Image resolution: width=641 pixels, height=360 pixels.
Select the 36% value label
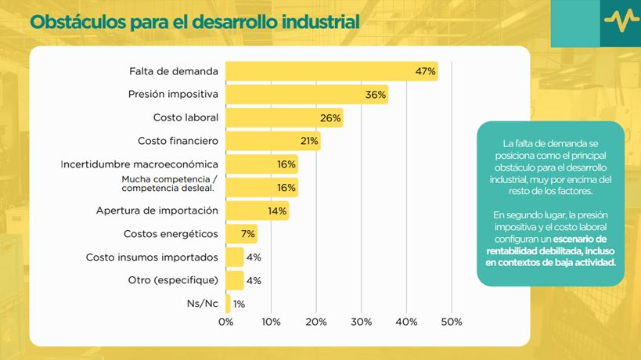[x=376, y=95]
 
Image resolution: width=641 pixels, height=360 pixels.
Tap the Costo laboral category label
[x=185, y=118]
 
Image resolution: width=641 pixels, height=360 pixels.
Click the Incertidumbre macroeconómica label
[x=139, y=164]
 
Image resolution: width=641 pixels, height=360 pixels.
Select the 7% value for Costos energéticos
[x=249, y=234]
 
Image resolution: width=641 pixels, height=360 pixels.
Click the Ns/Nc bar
[x=228, y=304]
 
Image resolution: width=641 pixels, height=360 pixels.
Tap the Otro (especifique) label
[x=173, y=280]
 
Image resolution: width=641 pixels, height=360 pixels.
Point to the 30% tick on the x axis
[x=362, y=322]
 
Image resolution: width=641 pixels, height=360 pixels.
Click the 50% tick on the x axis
[x=452, y=322]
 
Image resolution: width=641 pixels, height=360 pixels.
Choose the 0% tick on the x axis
[x=225, y=322]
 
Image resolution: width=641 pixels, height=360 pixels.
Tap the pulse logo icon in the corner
[x=619, y=22]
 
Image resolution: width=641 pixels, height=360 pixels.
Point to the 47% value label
[x=425, y=72]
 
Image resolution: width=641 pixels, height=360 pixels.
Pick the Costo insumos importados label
[x=152, y=257]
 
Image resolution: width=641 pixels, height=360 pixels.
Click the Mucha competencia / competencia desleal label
[x=168, y=184]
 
